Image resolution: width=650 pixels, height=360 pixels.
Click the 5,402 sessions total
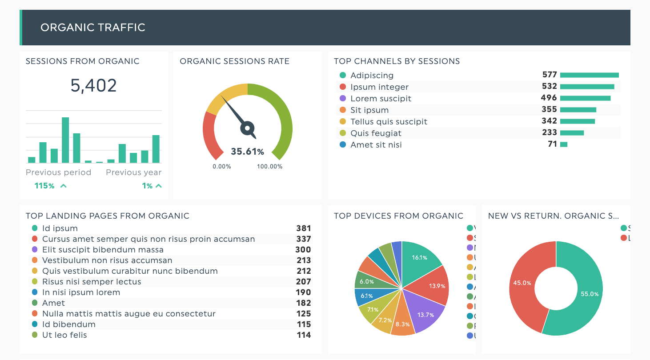(x=93, y=85)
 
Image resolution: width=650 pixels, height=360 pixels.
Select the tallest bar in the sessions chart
(x=65, y=140)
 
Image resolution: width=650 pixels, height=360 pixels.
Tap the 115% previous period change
(x=44, y=186)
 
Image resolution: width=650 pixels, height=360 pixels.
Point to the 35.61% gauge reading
(x=247, y=152)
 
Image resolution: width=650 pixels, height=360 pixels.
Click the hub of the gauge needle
(x=248, y=128)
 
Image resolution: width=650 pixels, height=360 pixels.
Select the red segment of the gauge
(x=210, y=136)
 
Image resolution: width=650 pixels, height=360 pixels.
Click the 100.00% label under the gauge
(x=269, y=167)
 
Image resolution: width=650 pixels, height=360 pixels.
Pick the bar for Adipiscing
(x=589, y=75)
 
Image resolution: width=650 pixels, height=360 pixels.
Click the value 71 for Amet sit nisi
(x=552, y=144)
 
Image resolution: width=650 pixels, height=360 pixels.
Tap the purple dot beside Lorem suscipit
(x=342, y=98)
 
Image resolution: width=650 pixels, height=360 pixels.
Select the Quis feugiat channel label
(x=376, y=133)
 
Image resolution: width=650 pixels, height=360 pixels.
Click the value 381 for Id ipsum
(x=304, y=228)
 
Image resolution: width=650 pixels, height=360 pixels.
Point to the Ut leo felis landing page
(x=64, y=335)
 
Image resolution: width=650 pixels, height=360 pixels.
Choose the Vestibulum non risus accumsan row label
(x=107, y=260)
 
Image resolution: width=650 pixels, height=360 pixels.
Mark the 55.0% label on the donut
(x=590, y=294)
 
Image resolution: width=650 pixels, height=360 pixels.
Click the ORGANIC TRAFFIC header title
(x=93, y=28)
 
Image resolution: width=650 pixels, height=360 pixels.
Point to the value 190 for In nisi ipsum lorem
(x=304, y=292)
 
